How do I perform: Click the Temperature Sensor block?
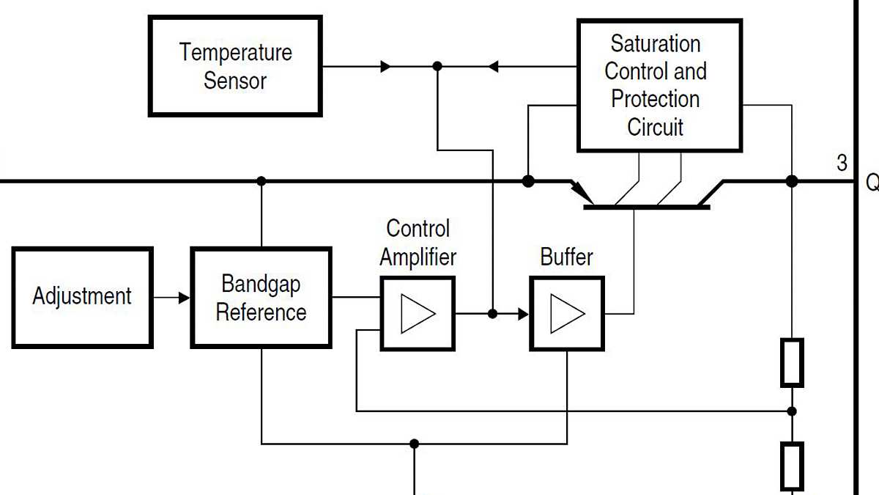click(x=235, y=66)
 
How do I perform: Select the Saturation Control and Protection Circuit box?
click(x=659, y=85)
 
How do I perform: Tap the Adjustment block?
click(x=82, y=297)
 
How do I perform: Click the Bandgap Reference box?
click(x=261, y=297)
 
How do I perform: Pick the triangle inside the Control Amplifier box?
click(x=418, y=313)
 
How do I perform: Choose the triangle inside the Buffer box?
click(x=568, y=313)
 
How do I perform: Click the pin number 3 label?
click(x=842, y=163)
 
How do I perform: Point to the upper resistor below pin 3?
click(x=792, y=362)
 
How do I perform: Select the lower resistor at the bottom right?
click(x=792, y=466)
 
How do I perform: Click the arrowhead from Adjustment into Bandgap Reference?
click(x=183, y=298)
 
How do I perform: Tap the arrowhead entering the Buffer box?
click(x=523, y=314)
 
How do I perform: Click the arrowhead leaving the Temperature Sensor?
click(x=385, y=66)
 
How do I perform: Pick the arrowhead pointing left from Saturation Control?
click(x=494, y=66)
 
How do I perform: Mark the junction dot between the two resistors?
click(x=792, y=411)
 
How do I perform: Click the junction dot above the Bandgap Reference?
click(x=262, y=180)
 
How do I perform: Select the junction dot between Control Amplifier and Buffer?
click(x=492, y=314)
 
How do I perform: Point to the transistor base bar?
click(x=647, y=208)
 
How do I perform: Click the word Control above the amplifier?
click(x=418, y=229)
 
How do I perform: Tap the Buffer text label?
click(x=566, y=257)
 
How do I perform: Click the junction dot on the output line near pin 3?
click(x=792, y=180)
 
